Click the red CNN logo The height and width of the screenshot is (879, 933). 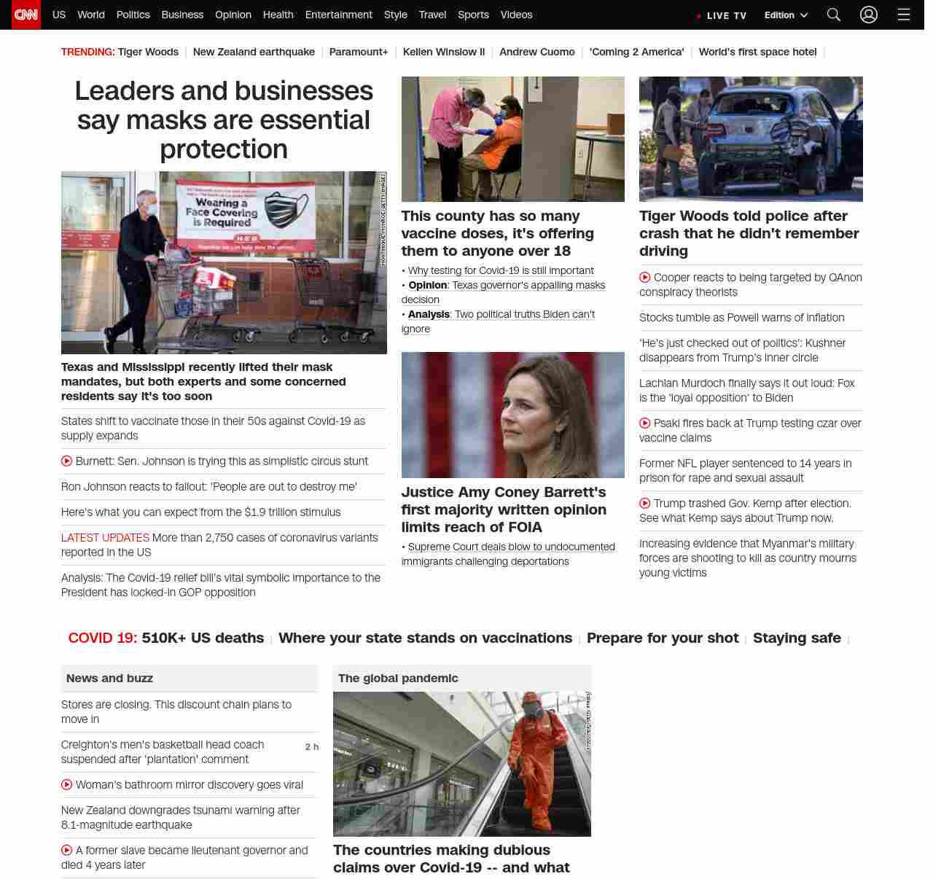[x=26, y=15]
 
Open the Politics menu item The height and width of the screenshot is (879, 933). [x=133, y=15]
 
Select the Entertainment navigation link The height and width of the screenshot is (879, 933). [x=338, y=15]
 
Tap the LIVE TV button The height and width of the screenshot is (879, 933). [x=722, y=15]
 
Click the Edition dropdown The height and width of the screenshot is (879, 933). [x=786, y=15]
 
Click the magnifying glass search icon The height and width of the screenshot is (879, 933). [x=834, y=15]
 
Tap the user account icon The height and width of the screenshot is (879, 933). [x=868, y=15]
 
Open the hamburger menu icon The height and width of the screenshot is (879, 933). [x=904, y=15]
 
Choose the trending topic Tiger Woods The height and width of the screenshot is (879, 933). [x=148, y=52]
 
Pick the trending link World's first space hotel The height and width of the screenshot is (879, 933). [x=757, y=52]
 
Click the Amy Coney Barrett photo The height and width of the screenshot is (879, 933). [x=512, y=415]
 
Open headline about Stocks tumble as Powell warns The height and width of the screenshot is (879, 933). [x=741, y=318]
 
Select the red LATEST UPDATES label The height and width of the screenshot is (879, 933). [x=105, y=538]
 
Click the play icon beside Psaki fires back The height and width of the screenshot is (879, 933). [x=645, y=423]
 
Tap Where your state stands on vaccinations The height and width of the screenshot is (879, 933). [x=425, y=638]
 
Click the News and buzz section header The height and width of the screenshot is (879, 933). [x=109, y=678]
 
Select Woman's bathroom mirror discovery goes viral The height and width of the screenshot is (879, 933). [x=189, y=785]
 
